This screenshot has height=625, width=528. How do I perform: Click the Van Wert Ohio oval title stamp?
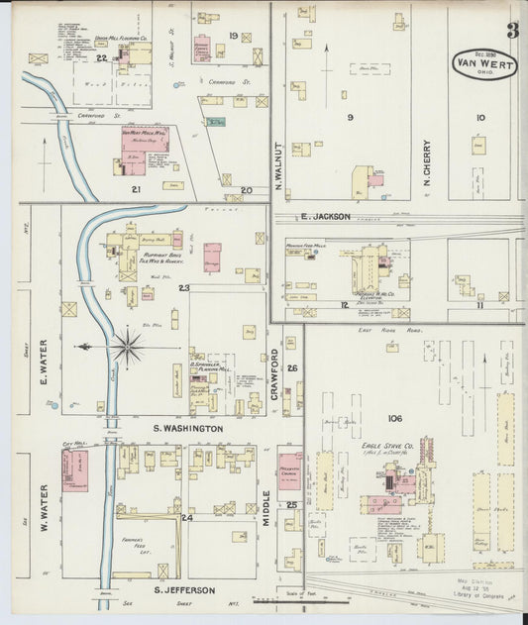point(483,64)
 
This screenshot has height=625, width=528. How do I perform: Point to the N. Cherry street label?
point(428,162)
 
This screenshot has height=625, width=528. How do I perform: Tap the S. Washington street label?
point(187,428)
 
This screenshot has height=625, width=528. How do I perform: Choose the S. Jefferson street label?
point(184,590)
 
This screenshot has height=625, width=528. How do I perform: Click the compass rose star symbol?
point(127,348)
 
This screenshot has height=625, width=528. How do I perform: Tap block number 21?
point(137,188)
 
